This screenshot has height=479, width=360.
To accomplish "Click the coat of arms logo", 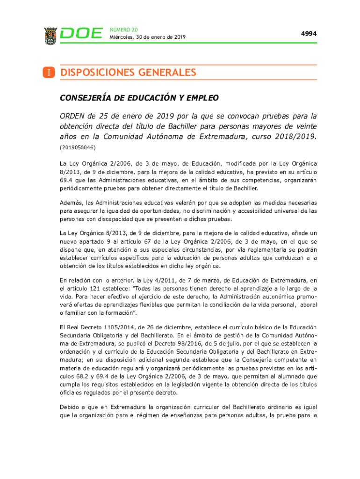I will point(50,36).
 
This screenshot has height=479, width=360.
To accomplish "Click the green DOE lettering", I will point(82,34).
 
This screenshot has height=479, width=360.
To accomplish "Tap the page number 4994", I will point(309,34).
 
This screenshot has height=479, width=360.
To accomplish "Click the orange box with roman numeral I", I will point(49,73).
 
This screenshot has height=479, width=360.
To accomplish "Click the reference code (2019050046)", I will point(78,147).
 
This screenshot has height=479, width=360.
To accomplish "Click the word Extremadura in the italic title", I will point(216,137).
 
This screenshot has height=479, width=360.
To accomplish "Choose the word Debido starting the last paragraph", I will point(71,407).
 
